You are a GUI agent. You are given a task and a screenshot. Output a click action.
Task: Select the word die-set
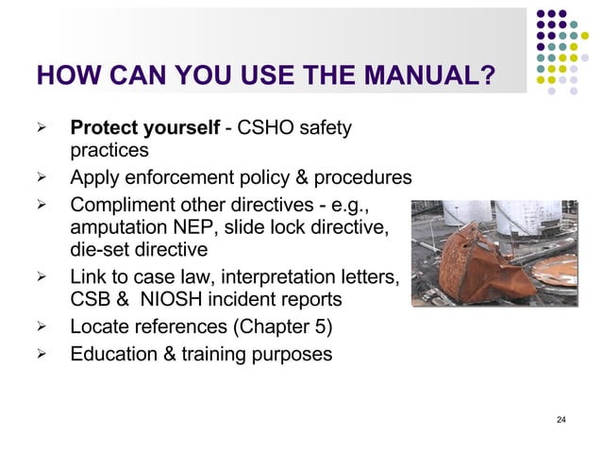pyautogui.click(x=99, y=251)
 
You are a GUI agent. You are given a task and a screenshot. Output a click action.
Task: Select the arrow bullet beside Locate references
pyautogui.click(x=41, y=328)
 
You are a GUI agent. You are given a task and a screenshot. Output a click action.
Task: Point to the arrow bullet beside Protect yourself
pyautogui.click(x=41, y=127)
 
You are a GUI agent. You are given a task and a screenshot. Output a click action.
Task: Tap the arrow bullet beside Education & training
pyautogui.click(x=41, y=356)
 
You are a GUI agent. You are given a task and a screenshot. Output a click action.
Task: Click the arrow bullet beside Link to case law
pyautogui.click(x=41, y=277)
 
